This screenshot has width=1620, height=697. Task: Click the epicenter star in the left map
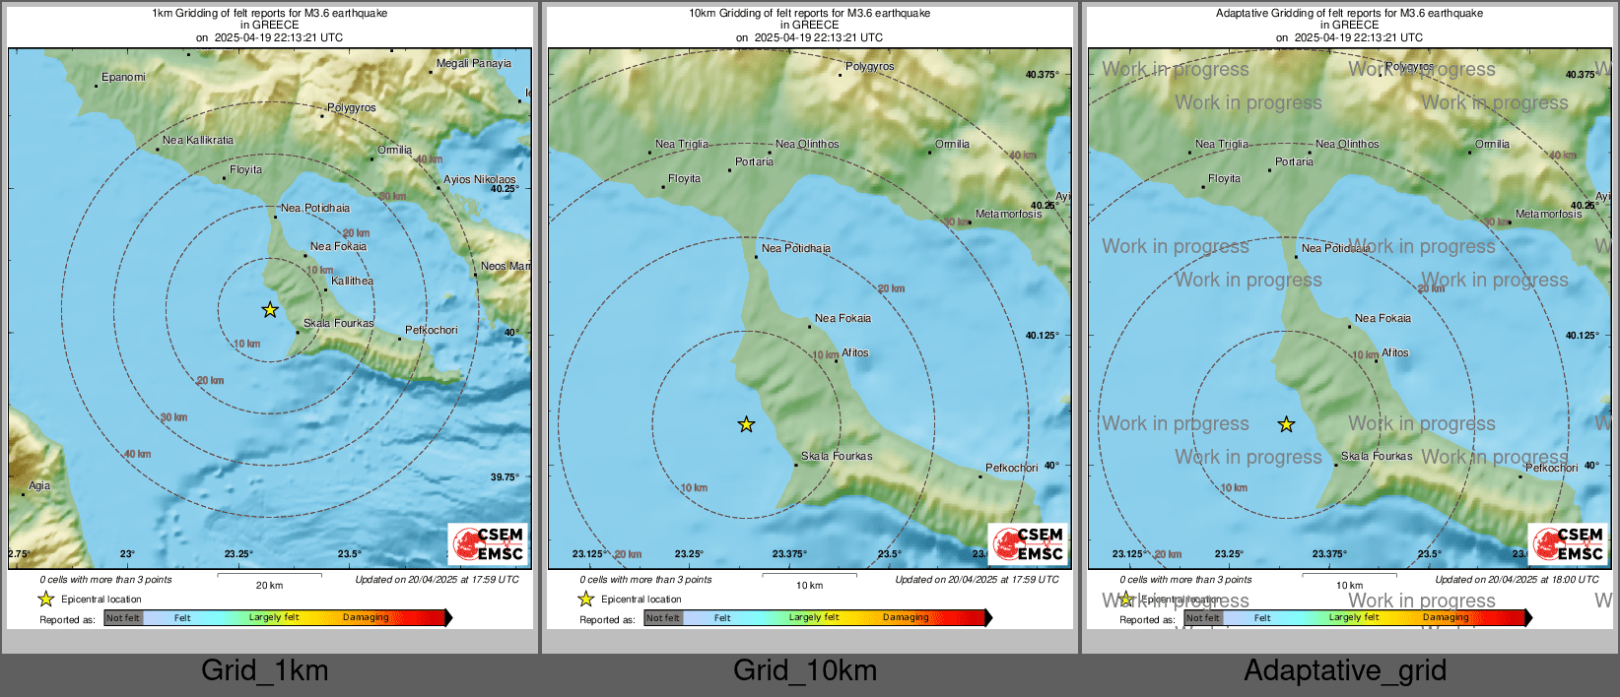270,310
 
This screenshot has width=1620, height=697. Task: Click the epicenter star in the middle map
746,424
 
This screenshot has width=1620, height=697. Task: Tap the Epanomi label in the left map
123,77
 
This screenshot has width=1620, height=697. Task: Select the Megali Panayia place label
474,63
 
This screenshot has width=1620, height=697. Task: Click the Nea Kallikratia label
198,140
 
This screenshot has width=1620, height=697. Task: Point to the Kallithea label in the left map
352,281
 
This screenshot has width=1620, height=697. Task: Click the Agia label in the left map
39,485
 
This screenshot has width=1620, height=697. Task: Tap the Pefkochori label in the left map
431,330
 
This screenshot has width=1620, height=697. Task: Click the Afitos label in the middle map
854,352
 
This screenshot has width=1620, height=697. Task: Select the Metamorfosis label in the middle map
1008,214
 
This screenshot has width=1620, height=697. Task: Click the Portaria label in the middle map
754,161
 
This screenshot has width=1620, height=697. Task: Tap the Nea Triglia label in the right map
1221,144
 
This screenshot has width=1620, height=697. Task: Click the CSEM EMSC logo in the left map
488,543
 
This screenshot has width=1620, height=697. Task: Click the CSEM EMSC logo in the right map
1568,543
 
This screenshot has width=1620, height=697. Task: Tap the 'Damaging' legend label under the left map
366,617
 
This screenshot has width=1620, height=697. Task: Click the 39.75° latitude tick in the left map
505,476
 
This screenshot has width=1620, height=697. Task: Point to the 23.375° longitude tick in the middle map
788,553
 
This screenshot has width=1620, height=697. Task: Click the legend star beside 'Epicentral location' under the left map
45,599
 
